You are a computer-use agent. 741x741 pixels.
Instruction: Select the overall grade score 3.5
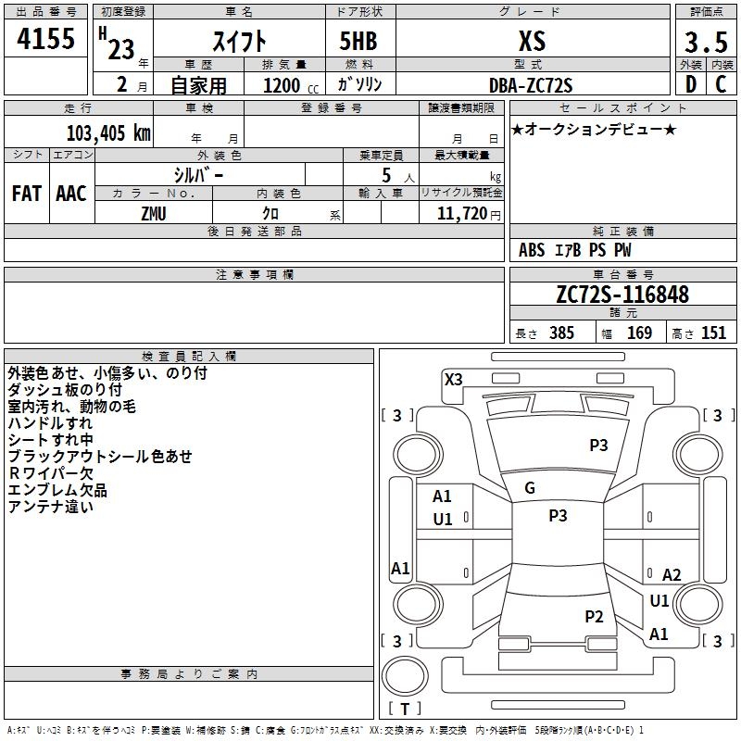[x=705, y=43]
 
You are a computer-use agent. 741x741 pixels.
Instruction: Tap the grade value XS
[x=532, y=41]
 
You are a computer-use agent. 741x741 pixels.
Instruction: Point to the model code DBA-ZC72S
[x=531, y=85]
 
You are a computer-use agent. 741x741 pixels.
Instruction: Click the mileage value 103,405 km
[x=108, y=133]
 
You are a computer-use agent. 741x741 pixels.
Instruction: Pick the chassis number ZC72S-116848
[x=622, y=295]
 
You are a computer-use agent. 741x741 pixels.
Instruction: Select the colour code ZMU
[x=154, y=212]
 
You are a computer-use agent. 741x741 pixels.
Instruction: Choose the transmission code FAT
[x=26, y=194]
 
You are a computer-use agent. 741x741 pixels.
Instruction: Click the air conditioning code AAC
[x=71, y=194]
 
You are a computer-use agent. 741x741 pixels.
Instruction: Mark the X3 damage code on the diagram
[x=454, y=379]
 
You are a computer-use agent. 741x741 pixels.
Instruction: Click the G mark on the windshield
[x=530, y=488]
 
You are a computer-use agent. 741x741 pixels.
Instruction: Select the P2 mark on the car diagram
[x=595, y=616]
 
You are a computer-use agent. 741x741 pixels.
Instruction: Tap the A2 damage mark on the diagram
[x=672, y=575]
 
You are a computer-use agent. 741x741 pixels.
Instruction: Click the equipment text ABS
[x=532, y=250]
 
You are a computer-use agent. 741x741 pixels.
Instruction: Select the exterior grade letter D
[x=690, y=83]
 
